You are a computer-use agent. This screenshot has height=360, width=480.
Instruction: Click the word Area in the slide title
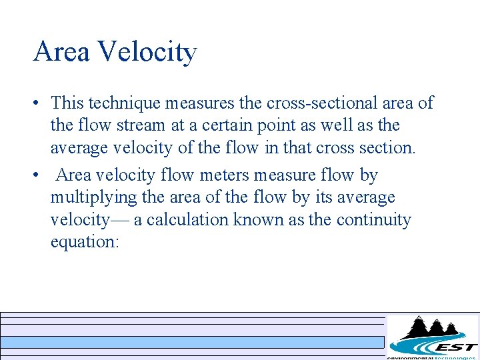[x=62, y=52]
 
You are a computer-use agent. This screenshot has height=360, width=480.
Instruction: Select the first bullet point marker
[x=37, y=104]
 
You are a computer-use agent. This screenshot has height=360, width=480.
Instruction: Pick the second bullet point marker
[x=37, y=176]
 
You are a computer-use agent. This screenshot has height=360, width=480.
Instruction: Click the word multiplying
[x=86, y=198]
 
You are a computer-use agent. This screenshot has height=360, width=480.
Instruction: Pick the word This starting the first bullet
[x=67, y=103]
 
